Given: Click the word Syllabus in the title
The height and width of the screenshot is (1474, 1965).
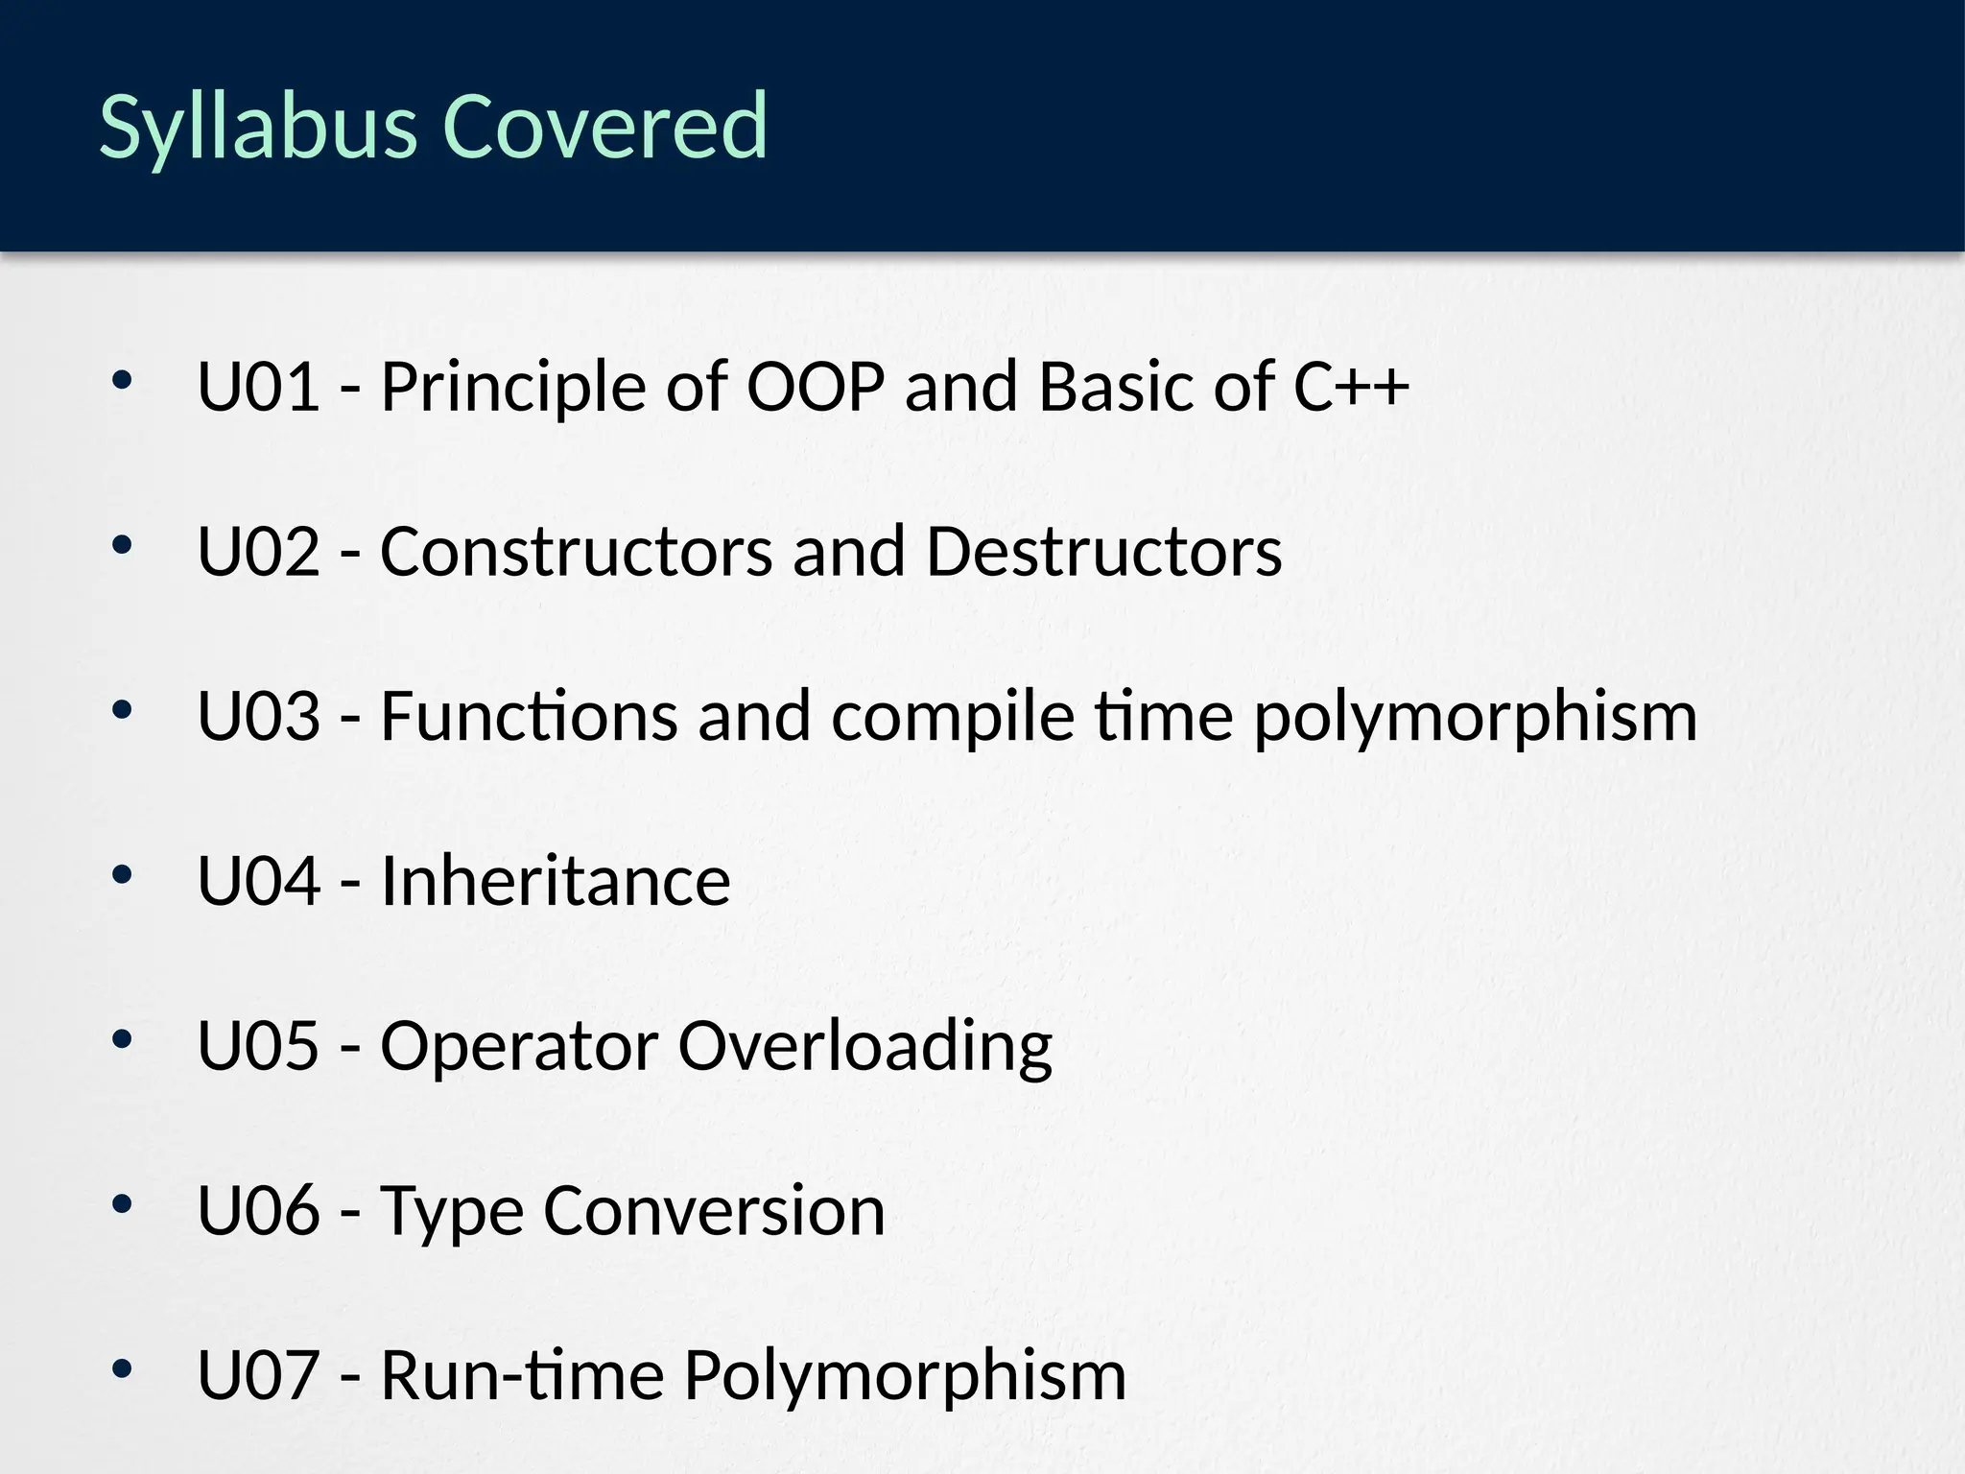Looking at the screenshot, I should pos(257,127).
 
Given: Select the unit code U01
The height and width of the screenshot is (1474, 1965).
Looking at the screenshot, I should pos(258,387).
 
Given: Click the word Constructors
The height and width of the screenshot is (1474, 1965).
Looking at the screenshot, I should pos(576,552).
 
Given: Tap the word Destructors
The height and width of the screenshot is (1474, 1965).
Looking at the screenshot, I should pos(1103,552).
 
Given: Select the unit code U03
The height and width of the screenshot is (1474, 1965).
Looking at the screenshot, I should pos(258,717).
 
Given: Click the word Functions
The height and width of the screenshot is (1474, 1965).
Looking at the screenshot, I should pos(529,717).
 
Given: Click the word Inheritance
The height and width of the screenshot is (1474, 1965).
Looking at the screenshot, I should pos(556,881).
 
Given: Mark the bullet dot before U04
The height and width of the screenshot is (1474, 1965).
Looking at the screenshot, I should pos(121,874).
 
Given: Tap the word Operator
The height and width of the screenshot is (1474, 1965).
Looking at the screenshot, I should pos(519,1046).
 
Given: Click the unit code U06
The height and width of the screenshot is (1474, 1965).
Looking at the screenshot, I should pos(258,1210).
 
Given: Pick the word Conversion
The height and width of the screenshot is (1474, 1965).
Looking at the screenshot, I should pos(714,1210).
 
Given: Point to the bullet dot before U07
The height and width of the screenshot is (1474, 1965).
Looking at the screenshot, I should pos(121,1368).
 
